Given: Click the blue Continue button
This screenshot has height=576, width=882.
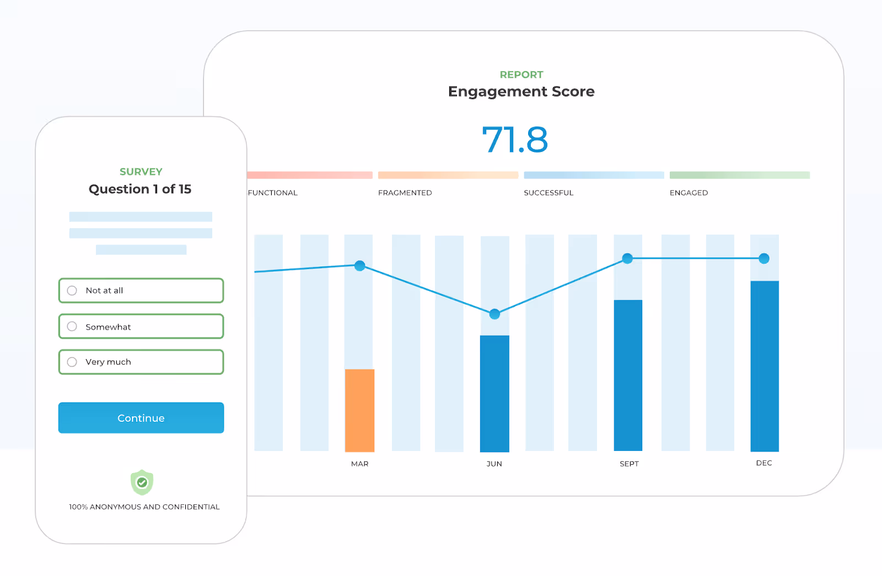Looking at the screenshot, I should point(141,418).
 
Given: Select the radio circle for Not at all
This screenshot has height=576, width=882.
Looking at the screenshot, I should point(72,291).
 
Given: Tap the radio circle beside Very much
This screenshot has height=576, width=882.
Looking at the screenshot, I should point(72,362).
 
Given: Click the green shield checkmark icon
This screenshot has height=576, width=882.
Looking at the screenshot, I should point(142,483).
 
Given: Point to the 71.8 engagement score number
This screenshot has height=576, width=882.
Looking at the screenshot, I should point(515,140).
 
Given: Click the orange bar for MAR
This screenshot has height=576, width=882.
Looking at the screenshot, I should point(359,410).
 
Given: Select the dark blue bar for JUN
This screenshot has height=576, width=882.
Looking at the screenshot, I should point(494,393).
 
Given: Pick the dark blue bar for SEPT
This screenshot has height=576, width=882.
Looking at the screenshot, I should point(628,375).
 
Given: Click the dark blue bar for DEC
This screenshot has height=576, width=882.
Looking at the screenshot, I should point(765,366).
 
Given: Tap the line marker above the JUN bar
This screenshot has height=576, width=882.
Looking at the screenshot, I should point(494,314).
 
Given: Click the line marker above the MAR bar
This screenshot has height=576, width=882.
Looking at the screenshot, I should point(360,266).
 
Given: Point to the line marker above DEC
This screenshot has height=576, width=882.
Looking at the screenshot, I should point(764,259).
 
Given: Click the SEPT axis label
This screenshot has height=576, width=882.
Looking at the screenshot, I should point(629,464).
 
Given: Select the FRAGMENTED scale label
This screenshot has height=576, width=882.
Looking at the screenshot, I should point(405,193).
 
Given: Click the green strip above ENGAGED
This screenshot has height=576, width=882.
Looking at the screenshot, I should point(739,175).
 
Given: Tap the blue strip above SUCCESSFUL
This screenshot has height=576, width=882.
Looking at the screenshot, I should point(594,175).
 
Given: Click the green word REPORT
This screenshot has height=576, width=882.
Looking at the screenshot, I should point(521,74).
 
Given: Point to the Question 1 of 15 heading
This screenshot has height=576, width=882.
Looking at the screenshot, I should point(140,189).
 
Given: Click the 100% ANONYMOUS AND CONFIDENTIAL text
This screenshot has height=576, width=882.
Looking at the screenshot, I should point(144,507).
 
